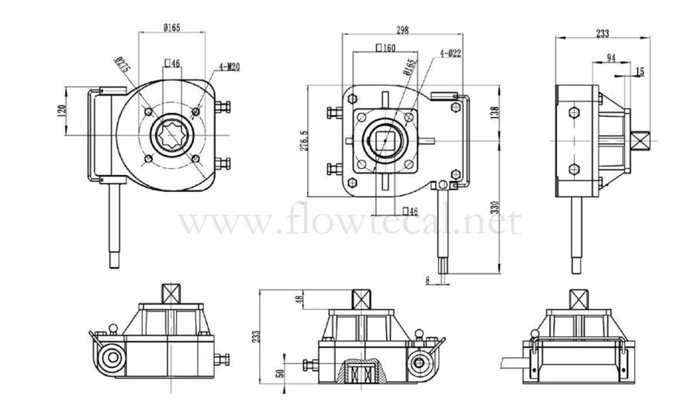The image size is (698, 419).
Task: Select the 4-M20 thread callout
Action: tap(229, 67)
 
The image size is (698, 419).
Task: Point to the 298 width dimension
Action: tap(403, 30)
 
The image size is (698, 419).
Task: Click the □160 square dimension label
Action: tap(385, 48)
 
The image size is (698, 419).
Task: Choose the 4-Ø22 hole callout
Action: tap(451, 53)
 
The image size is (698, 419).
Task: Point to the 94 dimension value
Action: tap(611, 58)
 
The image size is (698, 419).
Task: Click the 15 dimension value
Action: tap(639, 71)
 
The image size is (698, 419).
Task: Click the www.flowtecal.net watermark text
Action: tap(349, 222)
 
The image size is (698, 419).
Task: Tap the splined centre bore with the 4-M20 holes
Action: tap(173, 136)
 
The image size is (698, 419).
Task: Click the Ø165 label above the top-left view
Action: tap(171, 28)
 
